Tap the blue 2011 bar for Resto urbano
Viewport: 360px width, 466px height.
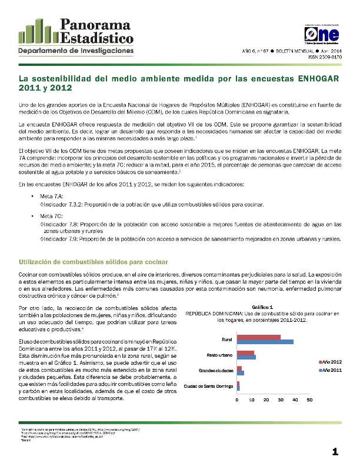point(246,357)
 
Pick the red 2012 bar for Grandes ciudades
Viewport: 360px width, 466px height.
point(239,368)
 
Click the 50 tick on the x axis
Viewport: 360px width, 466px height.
point(309,400)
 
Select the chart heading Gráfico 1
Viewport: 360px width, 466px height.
point(261,307)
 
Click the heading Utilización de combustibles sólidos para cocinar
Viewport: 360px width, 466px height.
point(94,261)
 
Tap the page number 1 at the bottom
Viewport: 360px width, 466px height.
point(335,452)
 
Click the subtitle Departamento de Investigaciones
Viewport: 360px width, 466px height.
point(76,52)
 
